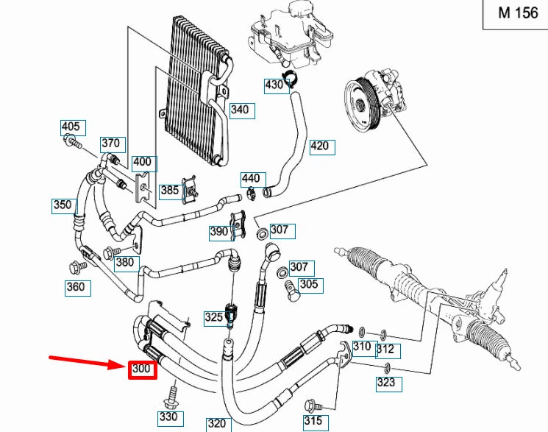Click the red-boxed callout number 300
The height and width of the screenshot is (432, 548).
pyautogui.click(x=143, y=369)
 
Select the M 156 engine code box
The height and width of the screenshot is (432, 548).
pyautogui.click(x=516, y=13)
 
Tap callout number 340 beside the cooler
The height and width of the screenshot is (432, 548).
pyautogui.click(x=240, y=110)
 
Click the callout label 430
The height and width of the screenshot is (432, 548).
pyautogui.click(x=274, y=85)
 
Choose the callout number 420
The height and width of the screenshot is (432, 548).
pyautogui.click(x=320, y=146)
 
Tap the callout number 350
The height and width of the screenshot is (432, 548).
pyautogui.click(x=63, y=205)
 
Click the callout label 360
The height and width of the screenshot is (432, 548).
pyautogui.click(x=76, y=287)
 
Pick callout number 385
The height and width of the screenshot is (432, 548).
pyautogui.click(x=170, y=191)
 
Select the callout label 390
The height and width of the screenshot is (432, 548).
pyautogui.click(x=219, y=231)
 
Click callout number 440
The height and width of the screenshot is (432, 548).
pyautogui.click(x=251, y=179)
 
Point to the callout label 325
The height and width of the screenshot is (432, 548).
pyautogui.click(x=213, y=318)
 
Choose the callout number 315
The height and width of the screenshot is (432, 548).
pyautogui.click(x=314, y=422)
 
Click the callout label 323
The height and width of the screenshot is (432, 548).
pyautogui.click(x=385, y=382)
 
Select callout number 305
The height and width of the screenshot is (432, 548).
pyautogui.click(x=309, y=284)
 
